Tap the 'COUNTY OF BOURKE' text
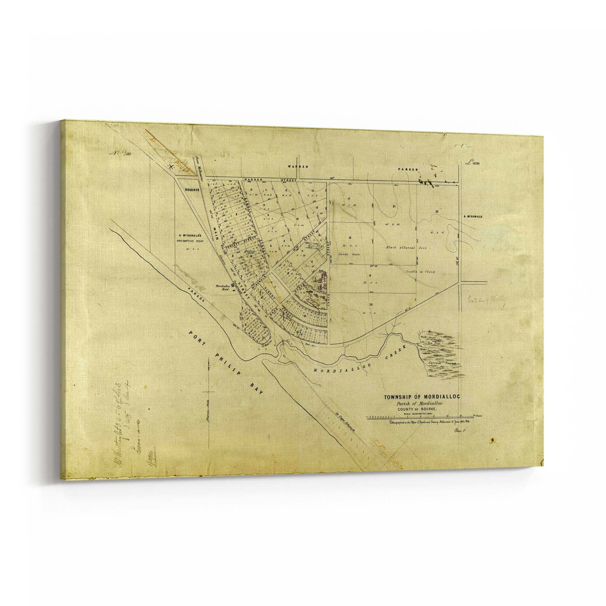417,409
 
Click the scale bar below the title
420,418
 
